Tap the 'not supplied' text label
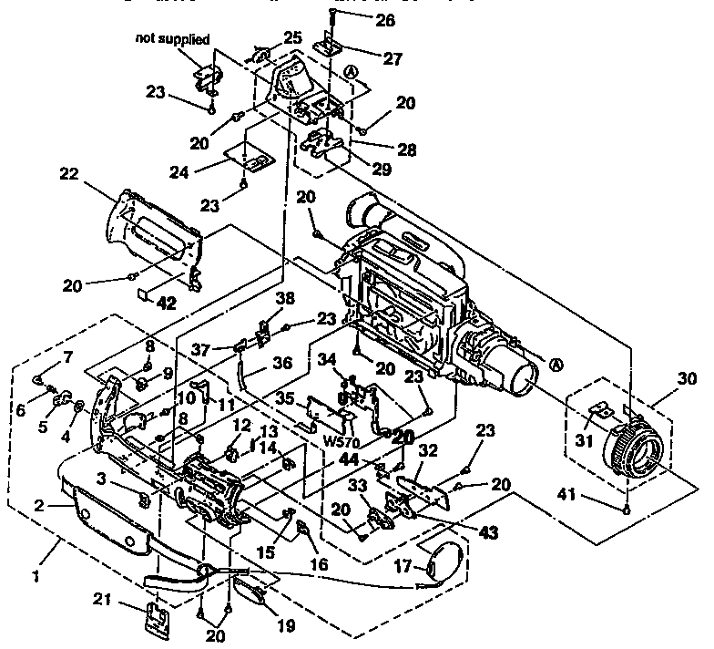pyautogui.click(x=173, y=39)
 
